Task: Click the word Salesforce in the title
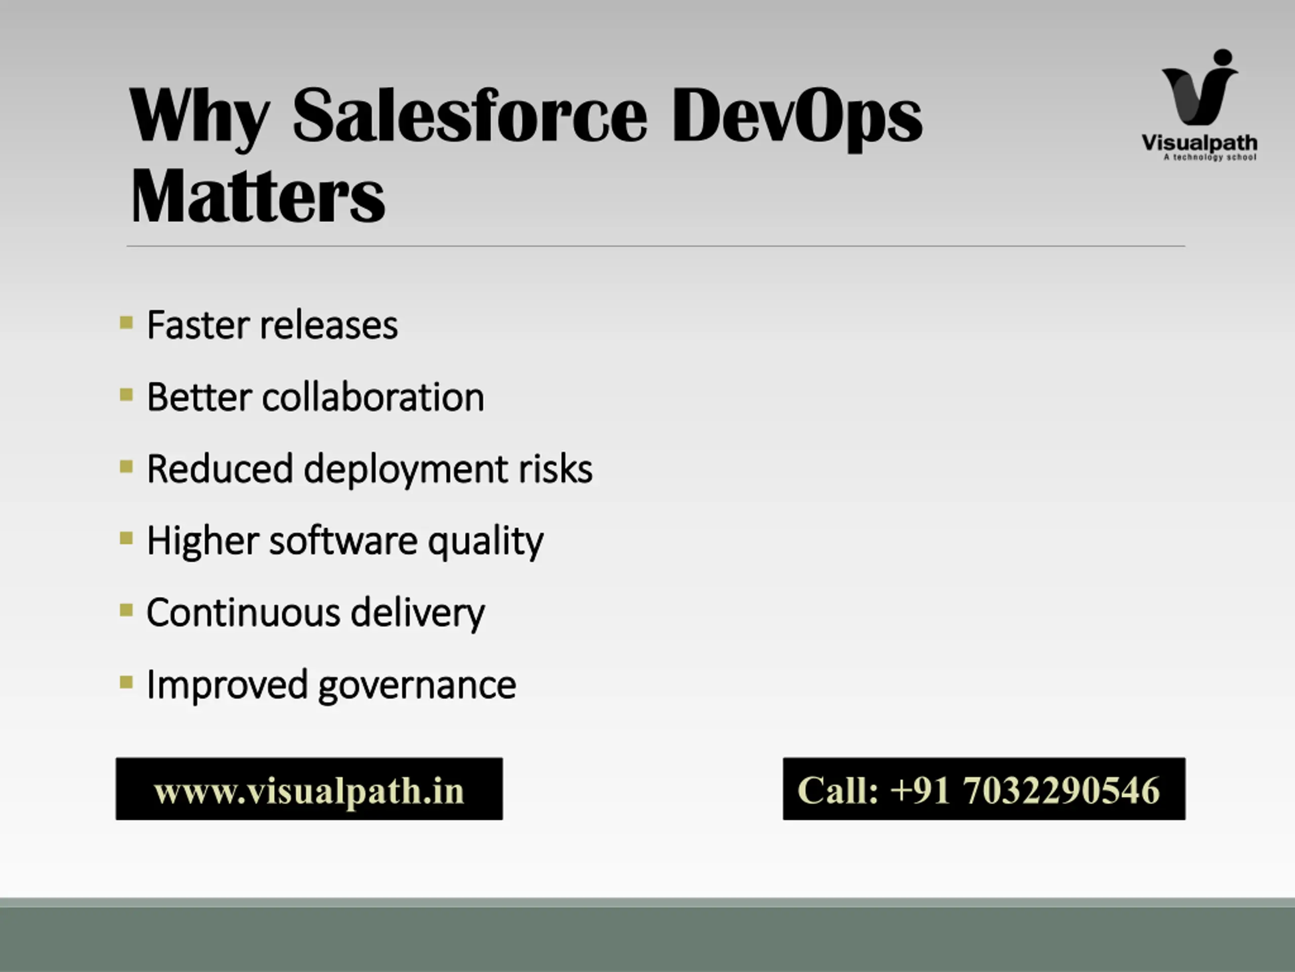click(x=469, y=115)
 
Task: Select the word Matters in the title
click(x=257, y=196)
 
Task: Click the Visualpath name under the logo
click(x=1199, y=143)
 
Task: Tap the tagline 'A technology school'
click(x=1210, y=157)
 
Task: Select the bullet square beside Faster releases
click(x=126, y=323)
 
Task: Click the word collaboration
click(x=373, y=397)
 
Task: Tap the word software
click(x=343, y=540)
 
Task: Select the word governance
click(x=417, y=685)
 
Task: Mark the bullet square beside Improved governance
click(x=126, y=682)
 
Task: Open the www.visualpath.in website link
click(x=309, y=790)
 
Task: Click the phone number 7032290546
click(x=1061, y=790)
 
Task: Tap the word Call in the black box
click(x=838, y=790)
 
